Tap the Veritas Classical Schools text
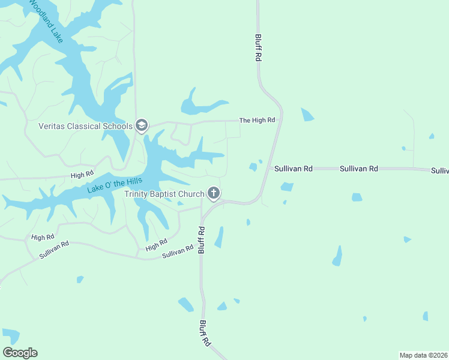coord(85,126)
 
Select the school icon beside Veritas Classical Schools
coord(142,125)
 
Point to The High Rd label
coord(257,121)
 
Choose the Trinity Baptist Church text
coord(164,194)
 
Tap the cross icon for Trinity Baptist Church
coord(213,193)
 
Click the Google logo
coord(20,353)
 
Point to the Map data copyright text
coord(424,355)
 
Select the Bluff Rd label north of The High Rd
coord(259,47)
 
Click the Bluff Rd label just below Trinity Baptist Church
coord(202,240)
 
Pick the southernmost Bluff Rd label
coord(205,334)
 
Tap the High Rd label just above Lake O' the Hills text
coord(82,175)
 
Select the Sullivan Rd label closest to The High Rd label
coord(294,169)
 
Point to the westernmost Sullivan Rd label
coord(54,250)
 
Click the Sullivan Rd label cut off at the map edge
coord(440,171)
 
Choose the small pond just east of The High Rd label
coord(307,114)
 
